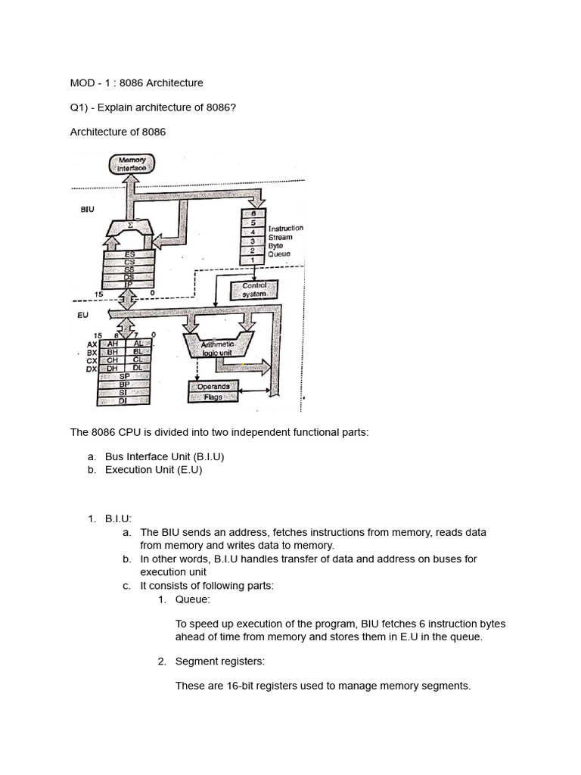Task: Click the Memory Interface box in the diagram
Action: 132,163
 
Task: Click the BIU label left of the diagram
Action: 88,210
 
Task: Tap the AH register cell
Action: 114,343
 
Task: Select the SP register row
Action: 126,375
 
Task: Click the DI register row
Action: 126,400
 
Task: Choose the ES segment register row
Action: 129,254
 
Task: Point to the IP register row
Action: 129,285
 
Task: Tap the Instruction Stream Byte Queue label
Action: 285,241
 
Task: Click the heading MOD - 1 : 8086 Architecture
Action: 136,82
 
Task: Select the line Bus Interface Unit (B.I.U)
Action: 164,457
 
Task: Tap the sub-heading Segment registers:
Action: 219,661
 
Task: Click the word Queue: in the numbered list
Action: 193,599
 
